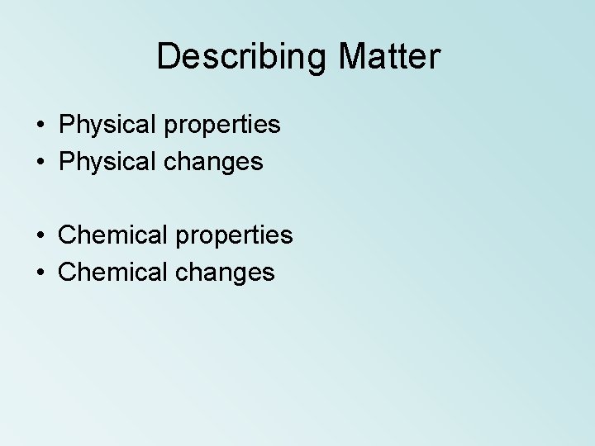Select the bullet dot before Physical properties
click(40, 126)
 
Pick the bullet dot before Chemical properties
click(40, 235)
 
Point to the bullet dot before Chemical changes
click(40, 273)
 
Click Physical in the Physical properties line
click(107, 126)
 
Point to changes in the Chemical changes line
click(225, 273)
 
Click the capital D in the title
click(168, 57)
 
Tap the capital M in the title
click(354, 57)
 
